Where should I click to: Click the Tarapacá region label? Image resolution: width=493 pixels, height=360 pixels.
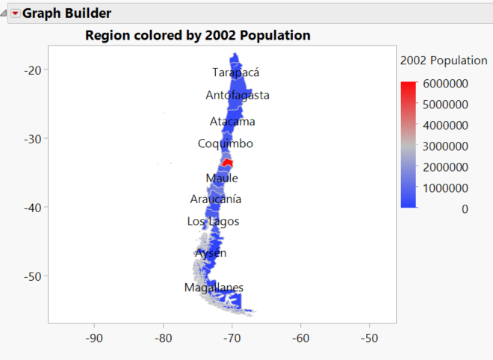click(236, 72)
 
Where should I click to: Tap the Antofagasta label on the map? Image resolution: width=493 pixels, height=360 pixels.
click(238, 95)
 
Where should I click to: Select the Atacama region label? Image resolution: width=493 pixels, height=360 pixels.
click(232, 121)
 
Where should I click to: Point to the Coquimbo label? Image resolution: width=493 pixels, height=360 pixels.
click(226, 143)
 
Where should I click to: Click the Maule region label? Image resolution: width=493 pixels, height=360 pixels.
click(222, 178)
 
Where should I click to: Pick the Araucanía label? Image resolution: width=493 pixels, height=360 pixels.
click(216, 199)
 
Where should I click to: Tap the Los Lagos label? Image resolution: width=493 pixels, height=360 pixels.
click(214, 221)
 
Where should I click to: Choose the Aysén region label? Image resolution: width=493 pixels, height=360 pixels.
click(211, 253)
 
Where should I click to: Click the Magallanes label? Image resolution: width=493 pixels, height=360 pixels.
click(214, 288)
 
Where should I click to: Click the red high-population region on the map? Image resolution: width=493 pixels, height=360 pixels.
click(228, 163)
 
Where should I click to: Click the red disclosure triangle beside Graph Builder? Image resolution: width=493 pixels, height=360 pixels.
click(15, 13)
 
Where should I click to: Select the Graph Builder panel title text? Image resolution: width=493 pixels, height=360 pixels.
click(66, 13)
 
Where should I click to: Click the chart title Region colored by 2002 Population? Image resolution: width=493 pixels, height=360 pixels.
click(198, 35)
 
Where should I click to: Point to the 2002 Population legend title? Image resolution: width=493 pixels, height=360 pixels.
click(444, 60)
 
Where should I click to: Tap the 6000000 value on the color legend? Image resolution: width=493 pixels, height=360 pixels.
click(445, 83)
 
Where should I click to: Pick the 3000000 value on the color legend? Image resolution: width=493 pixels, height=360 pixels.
click(445, 146)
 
